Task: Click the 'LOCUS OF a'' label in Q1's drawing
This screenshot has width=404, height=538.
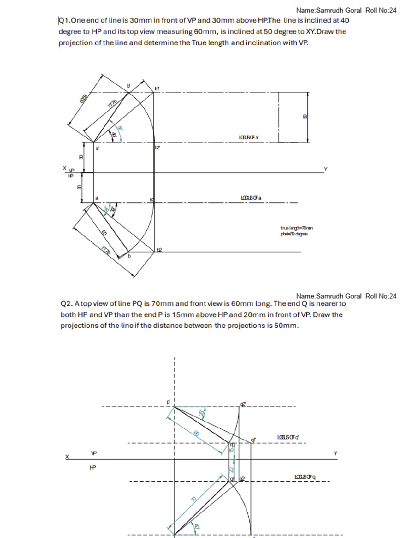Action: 248,138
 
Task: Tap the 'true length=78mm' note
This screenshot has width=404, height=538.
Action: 297,228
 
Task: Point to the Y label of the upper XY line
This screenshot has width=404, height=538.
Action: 326,169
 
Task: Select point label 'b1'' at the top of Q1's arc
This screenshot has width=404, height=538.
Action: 157,89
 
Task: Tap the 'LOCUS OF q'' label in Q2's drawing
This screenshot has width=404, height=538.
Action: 288,437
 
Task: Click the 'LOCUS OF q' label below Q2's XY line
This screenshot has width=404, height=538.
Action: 305,477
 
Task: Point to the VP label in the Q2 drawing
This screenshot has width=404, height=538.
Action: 94,453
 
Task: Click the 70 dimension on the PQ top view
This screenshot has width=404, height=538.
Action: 194,499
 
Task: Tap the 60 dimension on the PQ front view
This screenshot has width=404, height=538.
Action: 196,433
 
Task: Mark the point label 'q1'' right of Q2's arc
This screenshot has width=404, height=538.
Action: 253,439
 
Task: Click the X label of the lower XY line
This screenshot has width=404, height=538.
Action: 67,457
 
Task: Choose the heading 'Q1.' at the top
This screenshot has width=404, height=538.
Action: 64,20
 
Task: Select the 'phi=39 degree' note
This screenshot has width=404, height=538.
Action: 295,234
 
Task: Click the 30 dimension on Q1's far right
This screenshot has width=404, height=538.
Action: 305,117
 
